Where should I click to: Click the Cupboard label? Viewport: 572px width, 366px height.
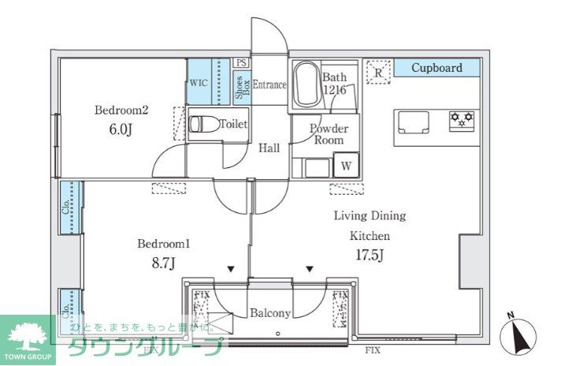(436, 69)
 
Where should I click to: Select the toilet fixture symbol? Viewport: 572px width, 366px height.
(202, 125)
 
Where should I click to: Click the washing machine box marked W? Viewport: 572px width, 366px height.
(344, 166)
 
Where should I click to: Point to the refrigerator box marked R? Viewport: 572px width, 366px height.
(378, 72)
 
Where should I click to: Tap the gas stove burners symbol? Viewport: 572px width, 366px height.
(461, 120)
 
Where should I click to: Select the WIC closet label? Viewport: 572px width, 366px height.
(198, 82)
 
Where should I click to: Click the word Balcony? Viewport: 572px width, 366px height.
(270, 313)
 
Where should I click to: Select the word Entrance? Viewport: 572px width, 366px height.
(269, 85)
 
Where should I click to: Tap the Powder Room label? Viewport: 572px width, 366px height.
(329, 133)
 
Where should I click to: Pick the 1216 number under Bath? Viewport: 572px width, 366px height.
(334, 90)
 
